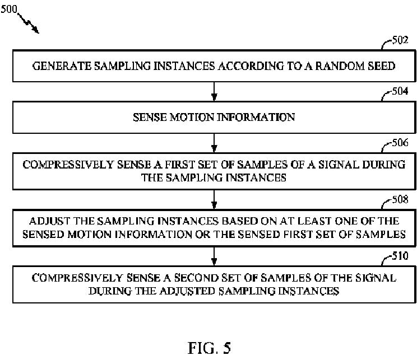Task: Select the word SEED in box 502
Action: coord(381,66)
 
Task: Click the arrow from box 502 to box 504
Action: coord(214,90)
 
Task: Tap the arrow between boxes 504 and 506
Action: coord(214,141)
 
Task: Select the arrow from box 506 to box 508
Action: coord(214,197)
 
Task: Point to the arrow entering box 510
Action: coord(214,255)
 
